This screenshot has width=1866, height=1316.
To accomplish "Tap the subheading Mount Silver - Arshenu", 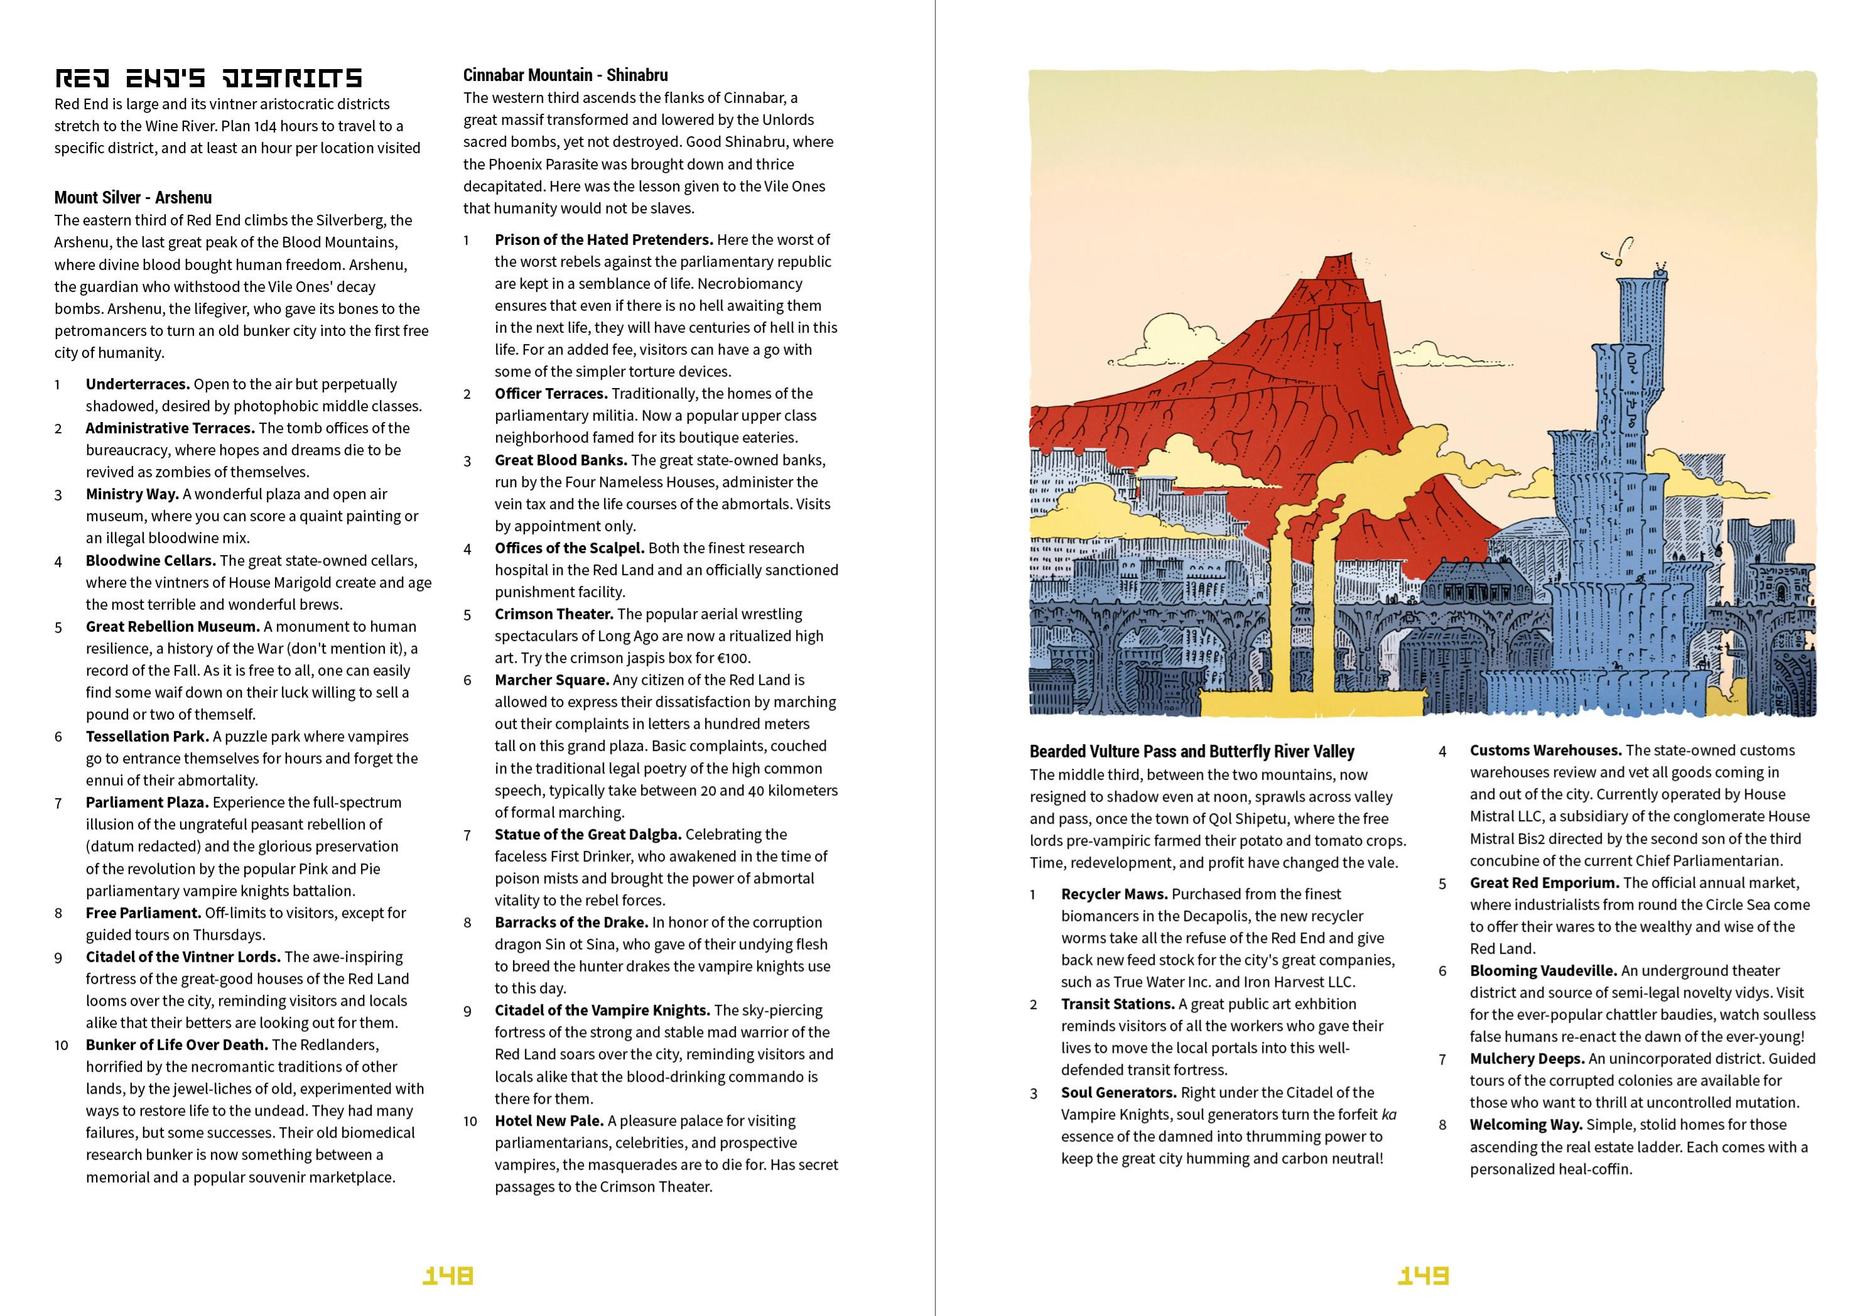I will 132,198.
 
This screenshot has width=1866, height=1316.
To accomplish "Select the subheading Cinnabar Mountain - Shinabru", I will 565,75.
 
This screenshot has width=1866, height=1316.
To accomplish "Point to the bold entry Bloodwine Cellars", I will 150,561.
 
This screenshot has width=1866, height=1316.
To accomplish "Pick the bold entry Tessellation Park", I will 147,736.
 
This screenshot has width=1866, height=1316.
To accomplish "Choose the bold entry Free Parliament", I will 143,913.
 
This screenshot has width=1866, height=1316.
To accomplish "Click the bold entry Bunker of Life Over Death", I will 176,1045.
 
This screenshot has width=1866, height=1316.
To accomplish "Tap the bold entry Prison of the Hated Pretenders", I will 603,240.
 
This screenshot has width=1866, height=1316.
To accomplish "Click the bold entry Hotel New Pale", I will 549,1121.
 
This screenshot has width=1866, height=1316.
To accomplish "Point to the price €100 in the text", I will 734,659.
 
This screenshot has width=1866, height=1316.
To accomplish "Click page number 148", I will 448,1275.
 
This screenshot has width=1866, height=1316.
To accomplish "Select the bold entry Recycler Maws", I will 1113,894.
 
